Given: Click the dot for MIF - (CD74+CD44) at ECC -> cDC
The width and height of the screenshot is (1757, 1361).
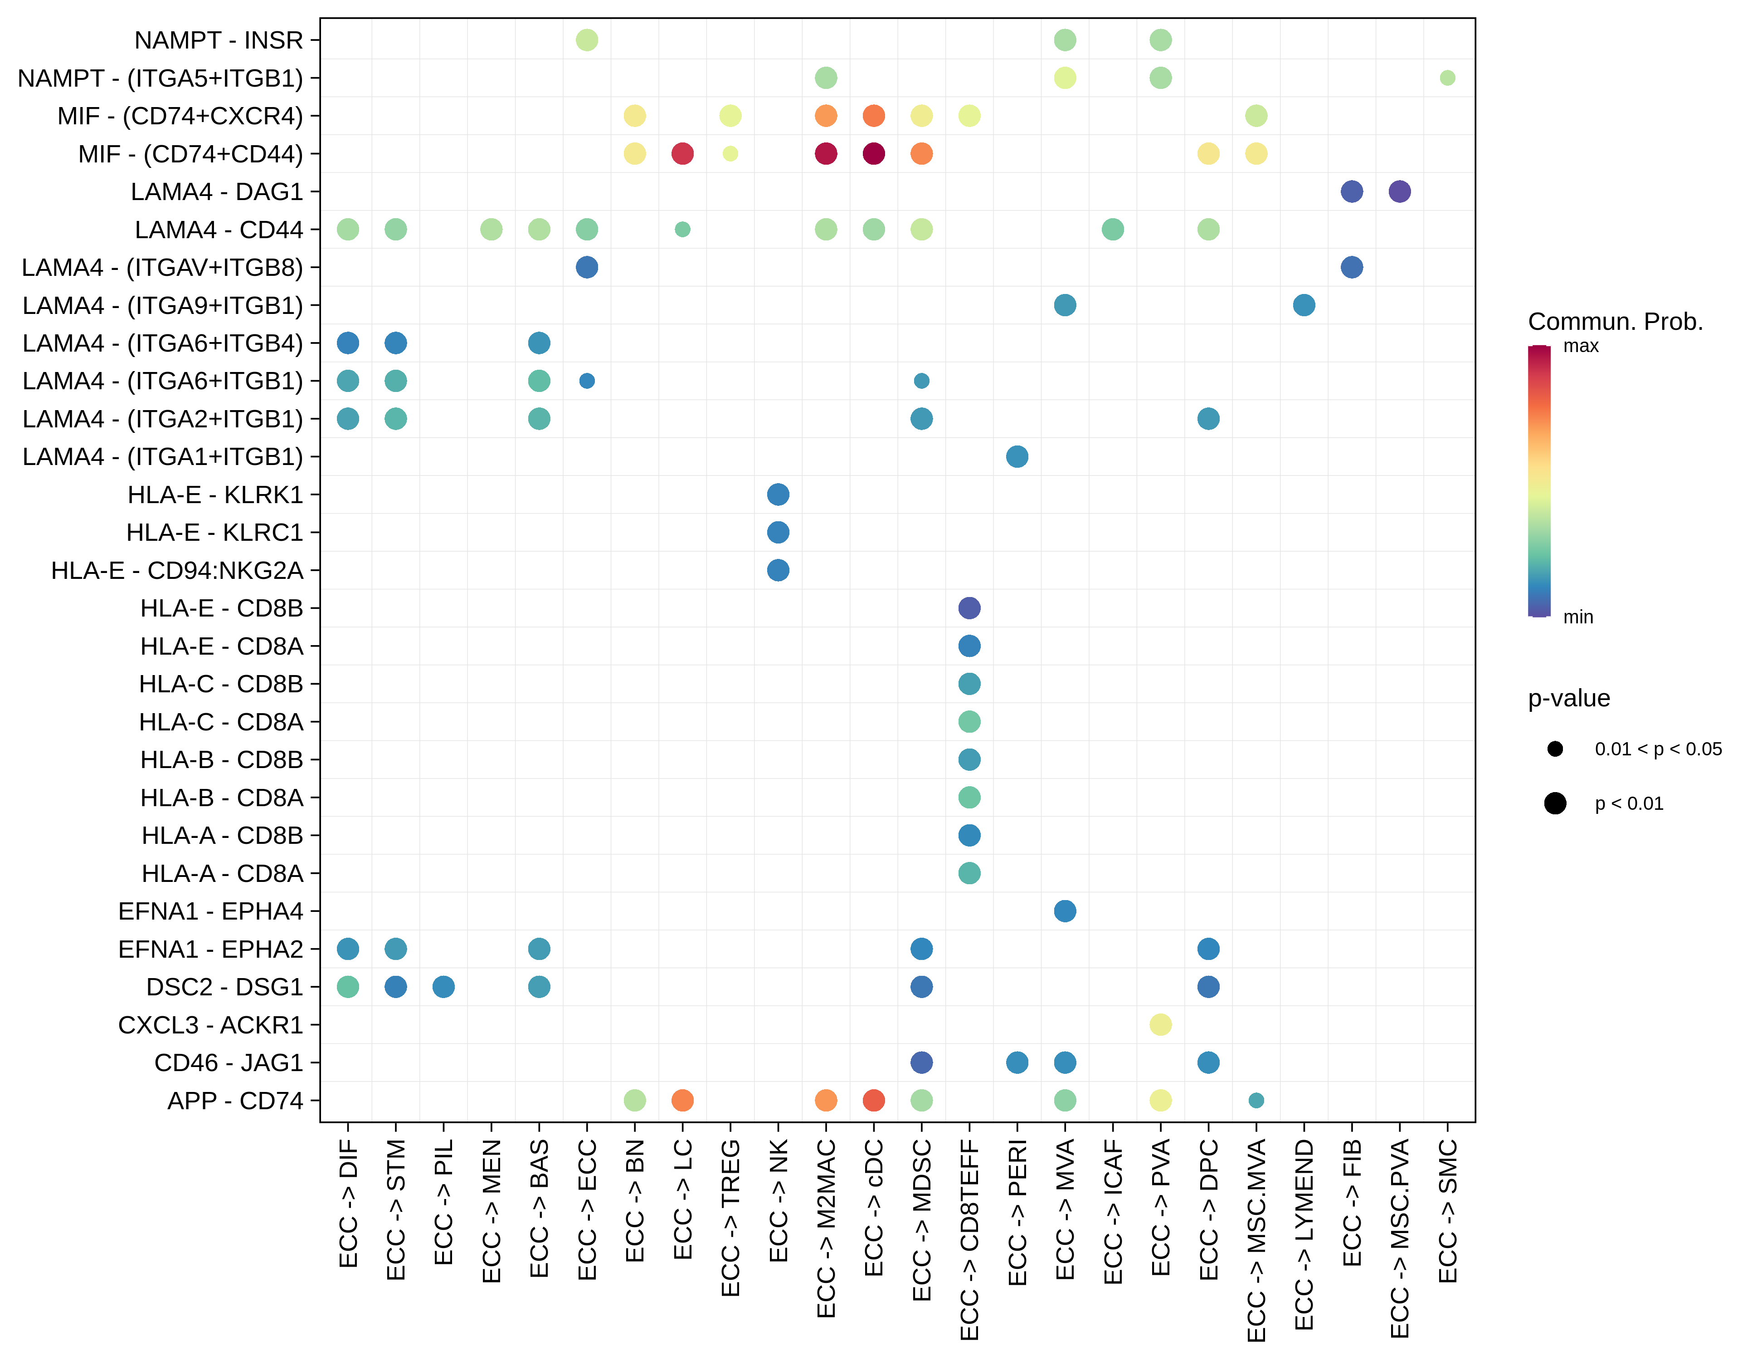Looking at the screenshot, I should point(874,154).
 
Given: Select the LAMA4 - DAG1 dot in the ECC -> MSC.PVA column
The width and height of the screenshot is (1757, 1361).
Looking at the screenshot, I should point(1400,191).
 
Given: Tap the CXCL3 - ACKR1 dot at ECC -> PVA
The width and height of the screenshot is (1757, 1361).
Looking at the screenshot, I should point(1160,1024).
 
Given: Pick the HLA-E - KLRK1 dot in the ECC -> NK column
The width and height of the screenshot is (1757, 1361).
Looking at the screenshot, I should point(778,494).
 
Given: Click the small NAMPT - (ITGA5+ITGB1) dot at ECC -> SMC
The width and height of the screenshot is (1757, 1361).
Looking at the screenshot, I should point(1447,78).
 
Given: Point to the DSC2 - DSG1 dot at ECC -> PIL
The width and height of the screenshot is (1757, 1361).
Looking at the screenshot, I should point(443,987).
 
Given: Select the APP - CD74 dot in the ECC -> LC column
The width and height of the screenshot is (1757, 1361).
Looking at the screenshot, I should point(682,1100).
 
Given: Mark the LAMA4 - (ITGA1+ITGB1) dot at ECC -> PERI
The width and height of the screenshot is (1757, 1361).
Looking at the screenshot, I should point(1017,456).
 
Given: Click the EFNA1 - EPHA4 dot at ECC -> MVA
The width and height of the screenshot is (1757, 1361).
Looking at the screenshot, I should point(1064,911).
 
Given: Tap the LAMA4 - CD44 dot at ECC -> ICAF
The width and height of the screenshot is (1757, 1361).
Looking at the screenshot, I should point(1113,230).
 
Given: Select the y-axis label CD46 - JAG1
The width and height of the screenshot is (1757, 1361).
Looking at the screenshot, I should point(229,1062).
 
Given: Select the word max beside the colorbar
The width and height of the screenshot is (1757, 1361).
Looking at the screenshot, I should point(1581,346).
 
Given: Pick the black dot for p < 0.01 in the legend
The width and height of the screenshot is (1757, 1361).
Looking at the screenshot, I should point(1555,803).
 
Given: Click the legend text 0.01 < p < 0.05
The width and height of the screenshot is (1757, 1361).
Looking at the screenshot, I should point(1658,749).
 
